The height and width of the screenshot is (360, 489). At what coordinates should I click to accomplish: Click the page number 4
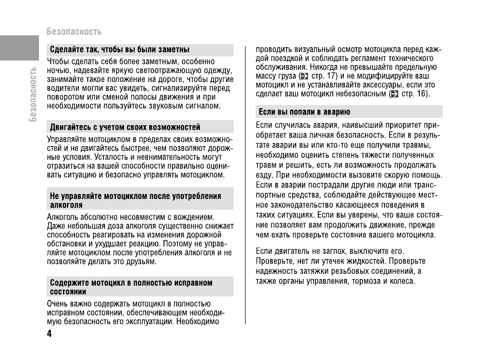pos(49,334)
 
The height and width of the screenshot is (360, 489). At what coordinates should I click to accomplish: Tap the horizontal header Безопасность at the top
pos(74,32)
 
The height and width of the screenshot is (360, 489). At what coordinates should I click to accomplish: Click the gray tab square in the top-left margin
pos(19,48)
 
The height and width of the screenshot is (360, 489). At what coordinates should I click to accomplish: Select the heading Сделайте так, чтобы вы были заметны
pos(119,50)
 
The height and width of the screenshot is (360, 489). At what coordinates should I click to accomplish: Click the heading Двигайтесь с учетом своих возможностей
pos(125,127)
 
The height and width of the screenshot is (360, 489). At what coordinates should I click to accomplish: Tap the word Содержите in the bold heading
pos(67,283)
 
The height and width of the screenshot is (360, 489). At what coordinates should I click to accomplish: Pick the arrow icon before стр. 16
pos(394,94)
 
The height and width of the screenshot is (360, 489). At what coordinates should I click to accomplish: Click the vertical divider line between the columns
pos(245,185)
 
